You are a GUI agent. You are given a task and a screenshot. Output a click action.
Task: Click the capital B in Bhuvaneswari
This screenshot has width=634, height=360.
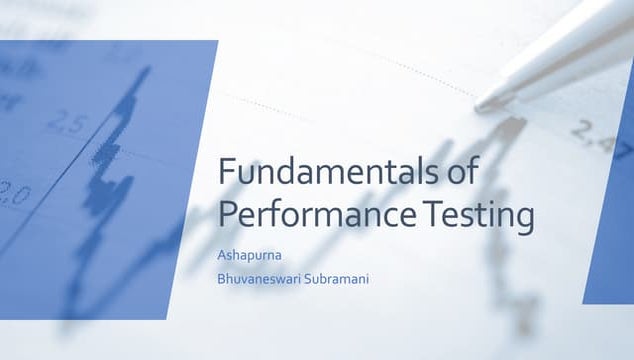tap(221, 278)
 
